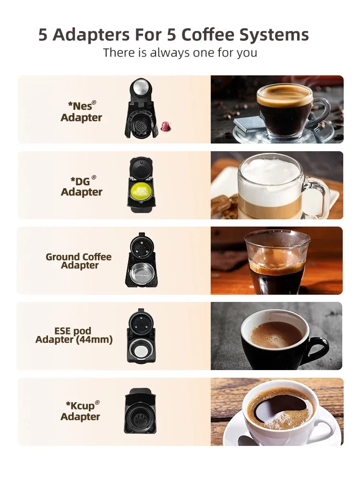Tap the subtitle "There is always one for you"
point(180,53)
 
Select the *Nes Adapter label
point(81,112)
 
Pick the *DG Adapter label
point(82,187)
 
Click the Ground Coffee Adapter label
point(79,261)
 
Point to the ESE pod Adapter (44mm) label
point(74,336)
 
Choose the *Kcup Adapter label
point(80,411)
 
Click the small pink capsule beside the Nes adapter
point(166,127)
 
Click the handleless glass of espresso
point(276,262)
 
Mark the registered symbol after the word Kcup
point(97,402)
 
